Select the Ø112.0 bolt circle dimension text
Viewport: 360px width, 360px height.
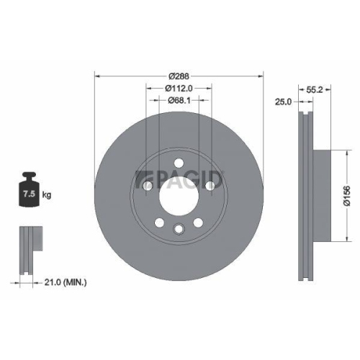pos(179,88)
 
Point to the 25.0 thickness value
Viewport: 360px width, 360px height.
pos(284,103)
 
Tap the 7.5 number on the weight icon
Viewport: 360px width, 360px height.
pos(30,194)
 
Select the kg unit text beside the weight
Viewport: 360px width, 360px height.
pos(47,194)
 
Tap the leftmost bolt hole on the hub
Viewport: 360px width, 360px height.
pos(148,186)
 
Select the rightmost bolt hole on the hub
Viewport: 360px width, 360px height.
pos(210,186)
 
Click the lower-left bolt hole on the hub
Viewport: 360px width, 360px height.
pos(160,221)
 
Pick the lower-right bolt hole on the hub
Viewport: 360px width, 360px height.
pos(198,221)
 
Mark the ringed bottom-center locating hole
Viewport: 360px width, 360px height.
pos(179,228)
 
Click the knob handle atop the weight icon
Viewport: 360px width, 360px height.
pos(30,176)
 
